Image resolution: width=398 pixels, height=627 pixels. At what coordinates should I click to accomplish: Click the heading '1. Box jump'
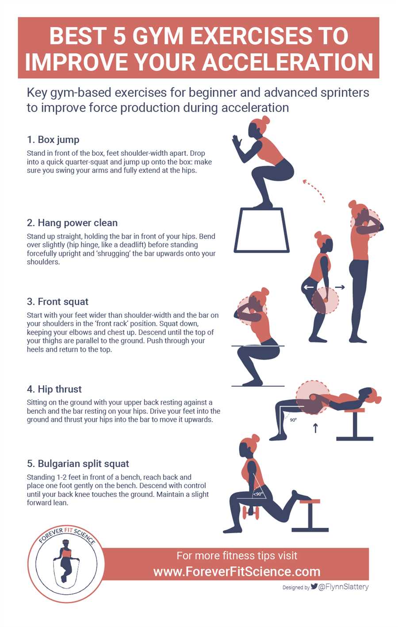click(53, 140)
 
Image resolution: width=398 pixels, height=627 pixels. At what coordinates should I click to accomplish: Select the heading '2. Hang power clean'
click(72, 223)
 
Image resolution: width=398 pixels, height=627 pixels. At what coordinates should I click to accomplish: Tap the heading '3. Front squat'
click(57, 302)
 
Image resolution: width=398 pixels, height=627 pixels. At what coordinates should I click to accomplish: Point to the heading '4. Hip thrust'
click(54, 389)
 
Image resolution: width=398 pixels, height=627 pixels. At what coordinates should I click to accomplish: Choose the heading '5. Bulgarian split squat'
click(78, 464)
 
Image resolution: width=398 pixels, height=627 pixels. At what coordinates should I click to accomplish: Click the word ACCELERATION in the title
click(288, 62)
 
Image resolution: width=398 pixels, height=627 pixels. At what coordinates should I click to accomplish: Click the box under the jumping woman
click(261, 230)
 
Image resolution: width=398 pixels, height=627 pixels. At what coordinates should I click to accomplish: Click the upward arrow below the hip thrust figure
click(315, 428)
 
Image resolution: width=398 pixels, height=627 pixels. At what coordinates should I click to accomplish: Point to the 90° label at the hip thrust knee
click(293, 420)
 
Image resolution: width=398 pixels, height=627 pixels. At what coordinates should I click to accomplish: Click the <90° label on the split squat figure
click(258, 494)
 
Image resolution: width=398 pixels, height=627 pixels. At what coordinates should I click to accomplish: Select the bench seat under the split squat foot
click(310, 501)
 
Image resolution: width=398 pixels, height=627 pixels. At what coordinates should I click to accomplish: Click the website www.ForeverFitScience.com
click(237, 572)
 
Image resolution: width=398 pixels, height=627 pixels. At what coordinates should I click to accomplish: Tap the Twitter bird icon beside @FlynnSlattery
click(314, 586)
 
